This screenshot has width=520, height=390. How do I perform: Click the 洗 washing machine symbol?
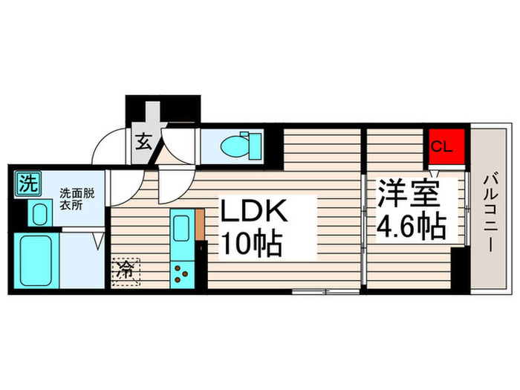(x=26, y=183)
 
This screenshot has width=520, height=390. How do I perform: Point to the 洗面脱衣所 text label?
(x=78, y=200)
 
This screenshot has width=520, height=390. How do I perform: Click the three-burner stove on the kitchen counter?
(x=181, y=272)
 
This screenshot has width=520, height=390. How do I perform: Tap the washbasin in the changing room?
(x=39, y=213)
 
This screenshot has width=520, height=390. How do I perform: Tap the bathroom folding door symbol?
(x=97, y=242)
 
